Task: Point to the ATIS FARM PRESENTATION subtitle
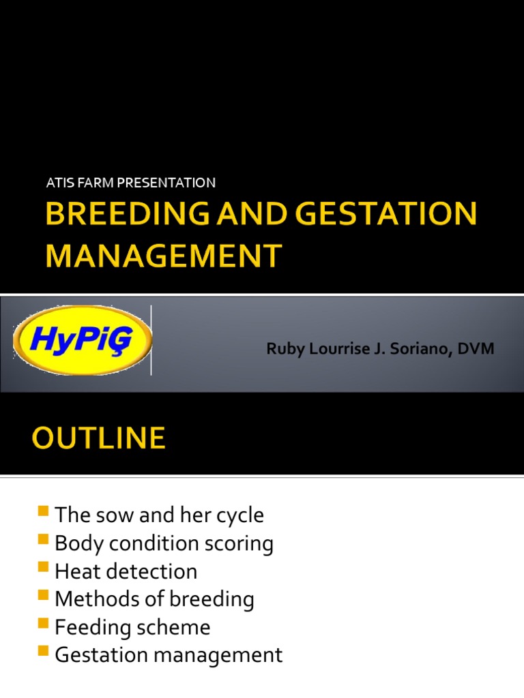coord(130,183)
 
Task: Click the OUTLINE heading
coord(98,438)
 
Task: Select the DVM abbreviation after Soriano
coord(477,349)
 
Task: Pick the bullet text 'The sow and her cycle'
coord(159,515)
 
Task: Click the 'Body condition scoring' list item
coord(164,543)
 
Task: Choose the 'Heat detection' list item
coord(126,571)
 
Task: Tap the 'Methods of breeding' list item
coord(154,599)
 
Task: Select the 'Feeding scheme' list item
coord(132,627)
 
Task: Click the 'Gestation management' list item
coord(169,655)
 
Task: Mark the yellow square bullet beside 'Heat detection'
coord(44,568)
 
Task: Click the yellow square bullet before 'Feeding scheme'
coord(44,624)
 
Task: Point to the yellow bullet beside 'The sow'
coord(44,512)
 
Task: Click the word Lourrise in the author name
coord(334,349)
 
